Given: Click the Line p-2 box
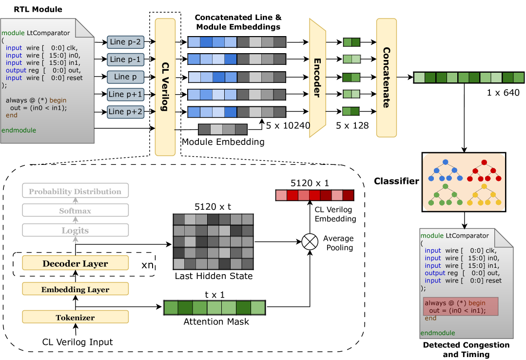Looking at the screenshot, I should (125, 42).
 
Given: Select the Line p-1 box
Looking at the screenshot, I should (125, 60).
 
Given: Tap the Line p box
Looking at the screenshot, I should (125, 77).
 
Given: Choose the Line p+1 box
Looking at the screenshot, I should (125, 94).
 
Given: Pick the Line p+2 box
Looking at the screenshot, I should (125, 112).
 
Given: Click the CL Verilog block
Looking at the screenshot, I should (165, 87).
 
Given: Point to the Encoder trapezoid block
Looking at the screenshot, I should (317, 78).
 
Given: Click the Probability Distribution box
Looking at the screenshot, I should (75, 191).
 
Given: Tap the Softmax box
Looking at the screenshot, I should (75, 210).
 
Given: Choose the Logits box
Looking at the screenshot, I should (75, 230).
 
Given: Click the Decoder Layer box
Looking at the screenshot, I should (75, 263).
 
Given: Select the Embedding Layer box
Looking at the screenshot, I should (75, 289).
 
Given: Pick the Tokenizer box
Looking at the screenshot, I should (75, 318).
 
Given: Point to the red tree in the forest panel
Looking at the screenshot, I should (484, 171).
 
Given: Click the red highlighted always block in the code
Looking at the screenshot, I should (460, 306).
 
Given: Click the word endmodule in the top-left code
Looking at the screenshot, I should (19, 130).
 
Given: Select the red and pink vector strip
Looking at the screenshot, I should (314, 195).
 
